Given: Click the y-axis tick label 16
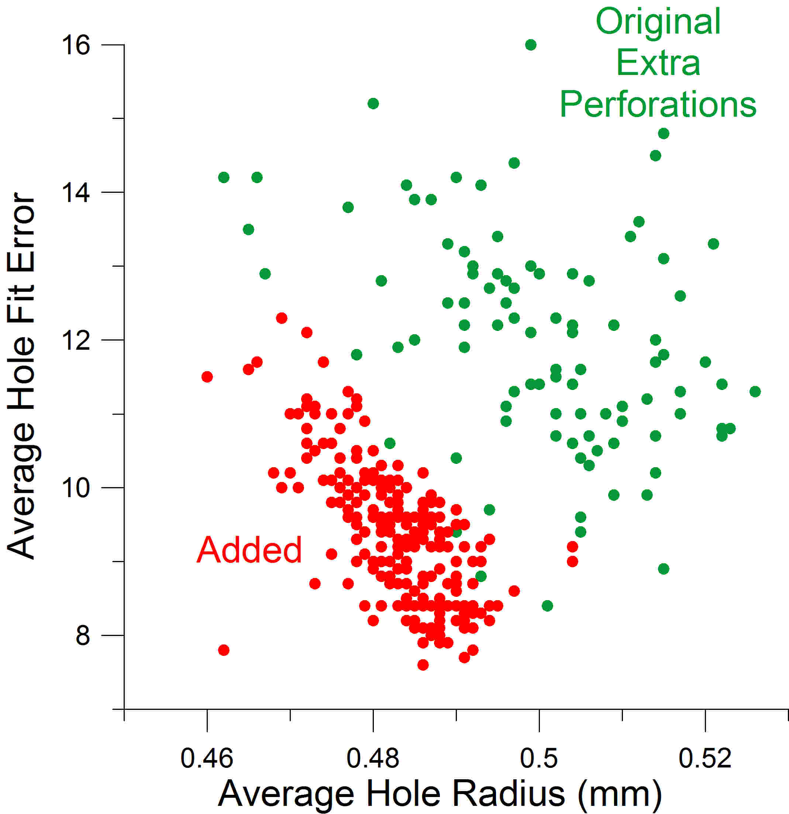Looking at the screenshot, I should pyautogui.click(x=76, y=46).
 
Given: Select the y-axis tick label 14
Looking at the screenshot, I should pyautogui.click(x=76, y=192).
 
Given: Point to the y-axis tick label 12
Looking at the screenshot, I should pyautogui.click(x=76, y=340).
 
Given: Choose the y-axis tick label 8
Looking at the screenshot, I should pyautogui.click(x=83, y=635).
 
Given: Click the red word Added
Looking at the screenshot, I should pyautogui.click(x=249, y=550).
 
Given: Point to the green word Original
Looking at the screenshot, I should pyautogui.click(x=658, y=22).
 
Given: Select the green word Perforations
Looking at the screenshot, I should pyautogui.click(x=658, y=105).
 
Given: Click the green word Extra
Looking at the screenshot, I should pyautogui.click(x=658, y=63).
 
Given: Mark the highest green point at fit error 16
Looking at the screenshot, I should pyautogui.click(x=531, y=45).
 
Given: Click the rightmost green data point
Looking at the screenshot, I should pyautogui.click(x=755, y=391).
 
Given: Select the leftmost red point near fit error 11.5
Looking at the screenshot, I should pyautogui.click(x=207, y=377).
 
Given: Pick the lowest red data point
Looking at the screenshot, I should pyautogui.click(x=423, y=665).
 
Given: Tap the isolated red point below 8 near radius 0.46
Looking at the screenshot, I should pyautogui.click(x=224, y=650).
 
